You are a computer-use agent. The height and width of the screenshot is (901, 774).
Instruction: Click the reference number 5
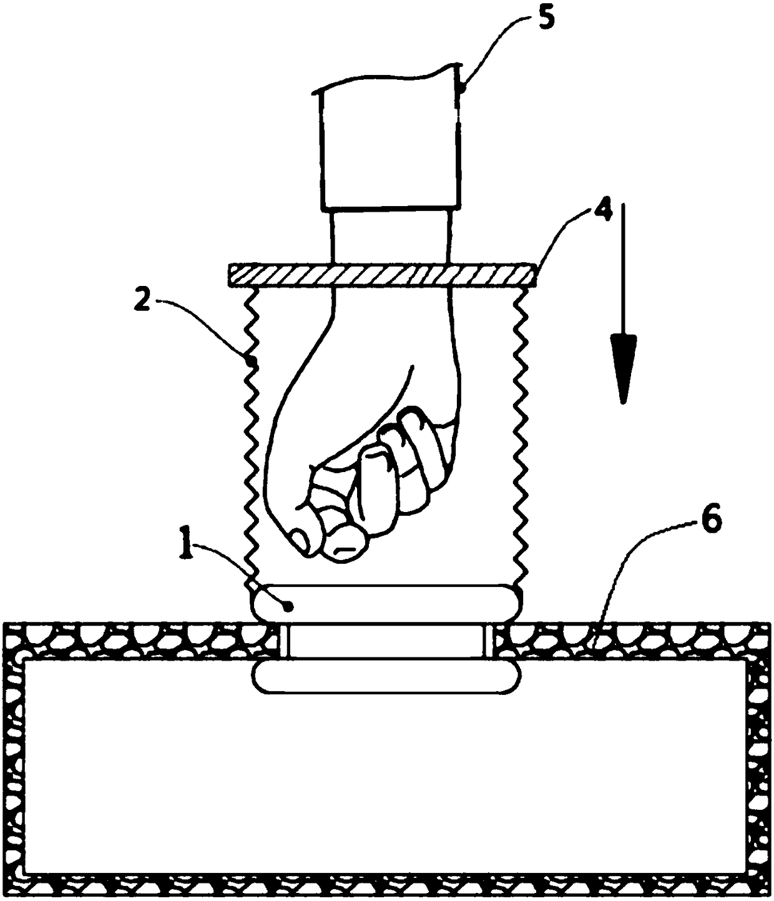click(545, 19)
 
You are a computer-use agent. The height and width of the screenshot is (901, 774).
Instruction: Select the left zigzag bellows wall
click(252, 437)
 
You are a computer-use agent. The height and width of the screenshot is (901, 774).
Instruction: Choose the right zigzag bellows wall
click(520, 437)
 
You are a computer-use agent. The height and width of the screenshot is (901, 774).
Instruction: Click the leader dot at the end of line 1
click(288, 605)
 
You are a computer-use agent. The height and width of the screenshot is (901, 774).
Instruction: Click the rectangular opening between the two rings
click(385, 641)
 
